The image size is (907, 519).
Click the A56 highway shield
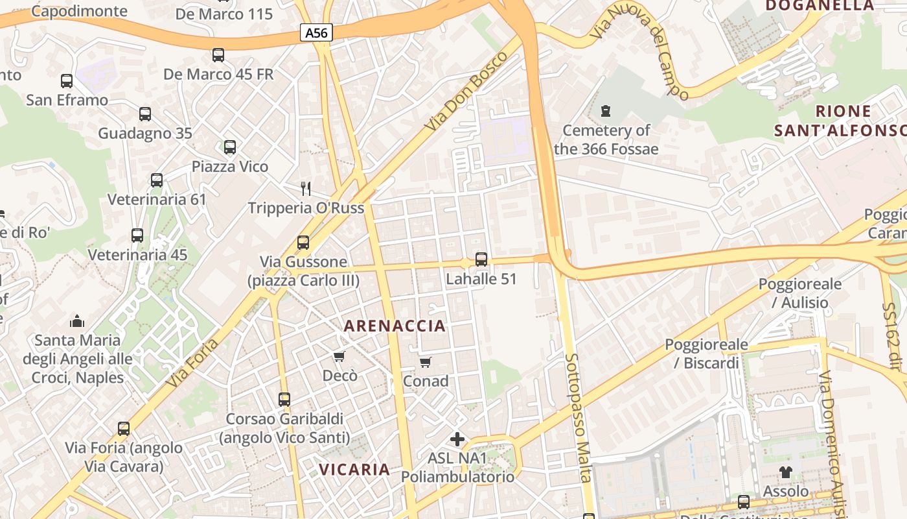[316, 32]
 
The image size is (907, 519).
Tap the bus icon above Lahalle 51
[481, 259]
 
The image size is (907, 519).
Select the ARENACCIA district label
[395, 326]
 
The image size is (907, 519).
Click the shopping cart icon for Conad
[425, 362]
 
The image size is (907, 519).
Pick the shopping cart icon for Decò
[339, 357]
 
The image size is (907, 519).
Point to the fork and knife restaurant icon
[306, 189]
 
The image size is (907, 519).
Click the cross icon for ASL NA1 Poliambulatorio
[457, 439]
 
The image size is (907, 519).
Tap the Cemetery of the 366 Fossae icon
[606, 111]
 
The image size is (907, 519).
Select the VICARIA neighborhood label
[354, 469]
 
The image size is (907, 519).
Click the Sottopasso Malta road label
[579, 418]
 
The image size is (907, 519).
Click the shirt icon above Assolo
[786, 472]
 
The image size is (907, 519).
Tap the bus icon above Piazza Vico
[230, 147]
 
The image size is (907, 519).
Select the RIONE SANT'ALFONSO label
[840, 121]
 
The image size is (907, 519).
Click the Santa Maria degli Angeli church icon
[77, 321]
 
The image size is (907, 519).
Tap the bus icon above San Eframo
[67, 81]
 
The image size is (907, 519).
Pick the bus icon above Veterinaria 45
[137, 235]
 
